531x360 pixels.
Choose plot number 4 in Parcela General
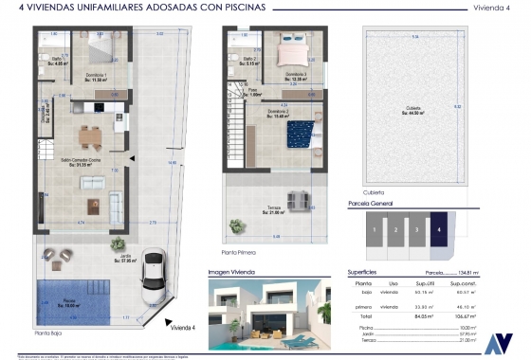(438, 229)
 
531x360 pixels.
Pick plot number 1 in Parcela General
(375, 229)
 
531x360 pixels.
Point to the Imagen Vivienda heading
(232, 270)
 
